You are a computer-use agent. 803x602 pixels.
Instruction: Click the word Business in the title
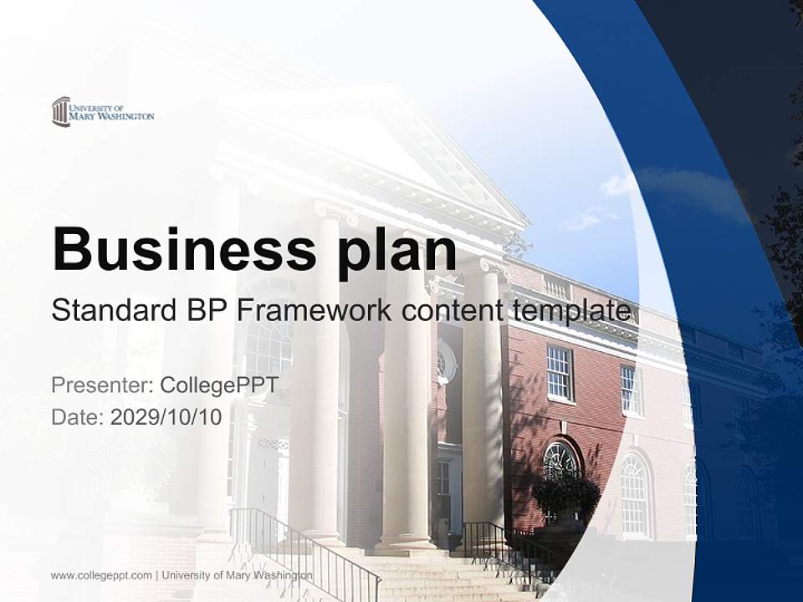178,248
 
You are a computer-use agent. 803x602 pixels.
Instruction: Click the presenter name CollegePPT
219,385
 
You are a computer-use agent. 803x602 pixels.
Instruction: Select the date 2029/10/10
166,417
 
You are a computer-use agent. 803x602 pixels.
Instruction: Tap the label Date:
78,417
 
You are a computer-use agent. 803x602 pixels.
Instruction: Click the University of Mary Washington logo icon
60,111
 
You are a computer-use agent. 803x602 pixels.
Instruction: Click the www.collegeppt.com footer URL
101,575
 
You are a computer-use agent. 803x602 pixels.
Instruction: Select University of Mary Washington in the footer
238,575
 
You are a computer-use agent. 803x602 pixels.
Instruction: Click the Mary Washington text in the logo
112,116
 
